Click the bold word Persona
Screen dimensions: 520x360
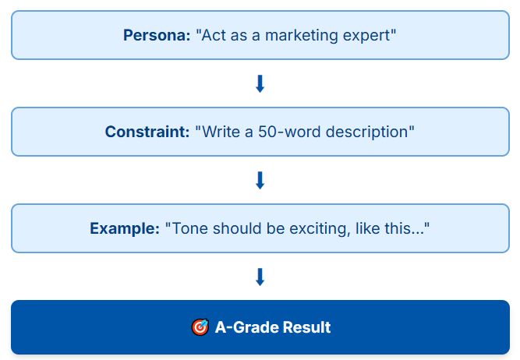pyautogui.click(x=157, y=35)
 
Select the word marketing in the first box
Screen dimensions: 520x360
pyautogui.click(x=302, y=36)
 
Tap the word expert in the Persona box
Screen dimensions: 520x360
pyautogui.click(x=366, y=36)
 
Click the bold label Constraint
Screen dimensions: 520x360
pyautogui.click(x=147, y=132)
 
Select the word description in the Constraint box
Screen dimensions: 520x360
pyautogui.click(x=366, y=132)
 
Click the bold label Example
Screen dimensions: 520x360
pyautogui.click(x=125, y=229)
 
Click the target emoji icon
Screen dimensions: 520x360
pyautogui.click(x=200, y=327)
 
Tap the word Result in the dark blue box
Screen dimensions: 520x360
pyautogui.click(x=306, y=327)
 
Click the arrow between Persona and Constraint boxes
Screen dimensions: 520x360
pyautogui.click(x=260, y=83)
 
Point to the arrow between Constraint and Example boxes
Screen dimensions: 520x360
pyautogui.click(x=260, y=180)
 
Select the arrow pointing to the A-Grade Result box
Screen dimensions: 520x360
pyautogui.click(x=260, y=277)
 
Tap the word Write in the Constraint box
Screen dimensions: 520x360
pyautogui.click(x=221, y=132)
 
